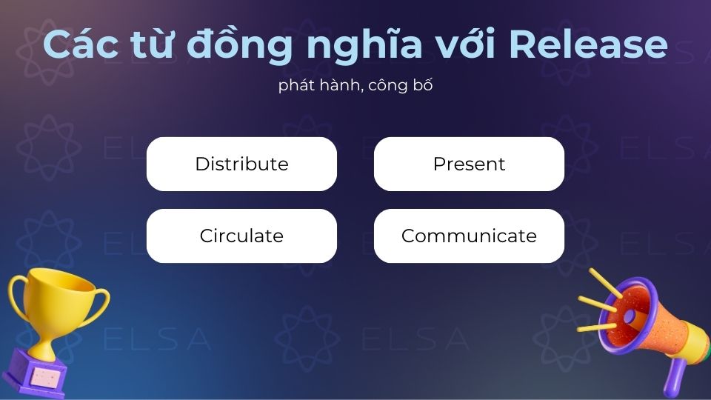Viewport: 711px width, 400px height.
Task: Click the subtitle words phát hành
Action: [316, 85]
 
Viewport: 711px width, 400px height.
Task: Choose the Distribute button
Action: [241, 164]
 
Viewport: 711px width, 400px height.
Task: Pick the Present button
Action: [469, 164]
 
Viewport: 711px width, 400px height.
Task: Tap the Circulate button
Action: [241, 236]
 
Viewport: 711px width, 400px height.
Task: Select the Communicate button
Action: [469, 236]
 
